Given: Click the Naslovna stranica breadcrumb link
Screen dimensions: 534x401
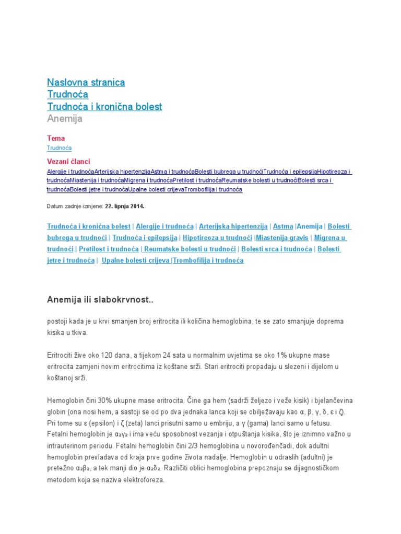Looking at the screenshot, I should pyautogui.click(x=86, y=82).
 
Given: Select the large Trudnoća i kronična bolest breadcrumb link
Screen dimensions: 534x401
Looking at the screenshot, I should pyautogui.click(x=104, y=106).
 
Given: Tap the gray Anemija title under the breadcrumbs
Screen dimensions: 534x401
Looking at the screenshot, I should pyautogui.click(x=65, y=119).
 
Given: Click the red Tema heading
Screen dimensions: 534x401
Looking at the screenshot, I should pyautogui.click(x=56, y=138).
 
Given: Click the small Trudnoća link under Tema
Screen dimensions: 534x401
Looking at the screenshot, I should pyautogui.click(x=59, y=148).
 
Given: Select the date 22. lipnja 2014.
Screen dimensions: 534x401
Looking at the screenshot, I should pyautogui.click(x=125, y=206).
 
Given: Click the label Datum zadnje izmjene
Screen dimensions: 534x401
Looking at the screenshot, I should pyautogui.click(x=75, y=206).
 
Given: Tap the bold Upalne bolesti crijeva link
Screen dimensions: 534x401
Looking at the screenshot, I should pyautogui.click(x=135, y=260).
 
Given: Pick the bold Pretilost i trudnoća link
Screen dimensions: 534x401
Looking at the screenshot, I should pyautogui.click(x=109, y=249).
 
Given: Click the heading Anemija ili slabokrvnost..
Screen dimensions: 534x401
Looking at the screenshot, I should pyautogui.click(x=100, y=300).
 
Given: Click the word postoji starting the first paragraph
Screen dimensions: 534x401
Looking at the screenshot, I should pyautogui.click(x=57, y=321).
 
